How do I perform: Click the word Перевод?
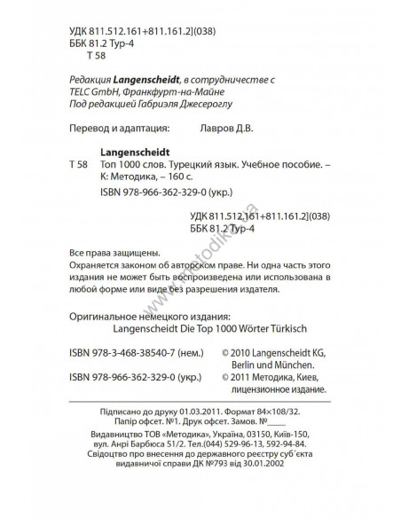[89, 128]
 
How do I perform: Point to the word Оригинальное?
[105, 314]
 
